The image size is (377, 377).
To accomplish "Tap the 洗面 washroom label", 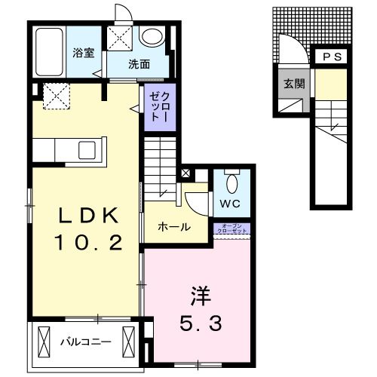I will (x=139, y=63).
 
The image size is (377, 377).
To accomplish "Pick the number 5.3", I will (x=200, y=325).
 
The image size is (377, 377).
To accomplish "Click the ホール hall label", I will (x=173, y=227).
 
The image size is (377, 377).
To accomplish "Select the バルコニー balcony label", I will (x=86, y=342).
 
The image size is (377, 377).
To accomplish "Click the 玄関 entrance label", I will (x=294, y=83).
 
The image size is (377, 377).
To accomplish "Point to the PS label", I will (x=332, y=57).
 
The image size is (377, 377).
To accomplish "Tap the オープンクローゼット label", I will (x=231, y=228).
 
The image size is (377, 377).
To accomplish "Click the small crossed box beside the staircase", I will (x=185, y=173).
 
